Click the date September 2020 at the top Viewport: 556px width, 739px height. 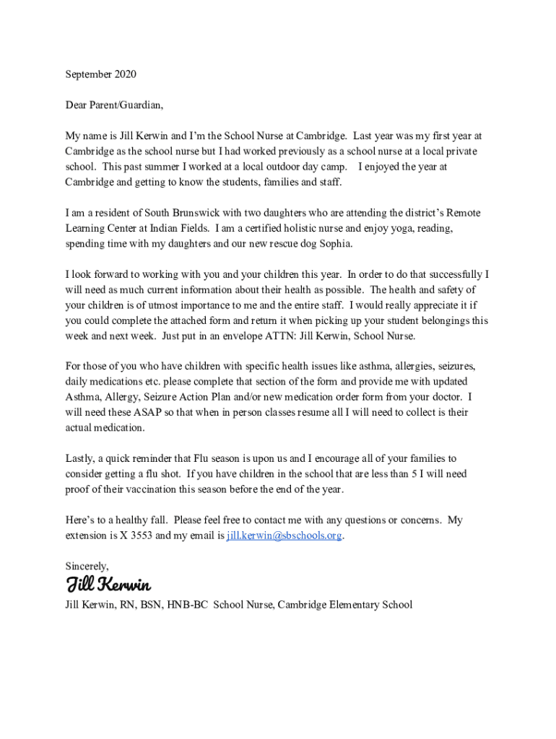pos(100,74)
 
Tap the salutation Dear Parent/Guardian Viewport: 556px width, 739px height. pos(114,105)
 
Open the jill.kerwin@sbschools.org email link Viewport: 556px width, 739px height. pos(284,535)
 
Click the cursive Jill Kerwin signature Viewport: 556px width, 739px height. pos(108,583)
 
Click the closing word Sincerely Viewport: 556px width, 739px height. pos(87,566)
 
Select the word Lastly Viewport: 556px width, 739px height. pos(80,458)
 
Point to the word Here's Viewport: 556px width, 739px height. pos(80,520)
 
